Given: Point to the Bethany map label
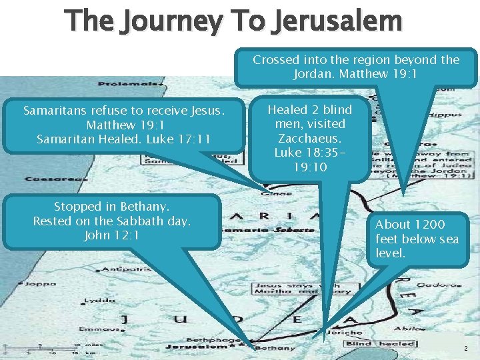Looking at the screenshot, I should (x=275, y=348).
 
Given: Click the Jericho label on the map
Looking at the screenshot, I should (x=345, y=331).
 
